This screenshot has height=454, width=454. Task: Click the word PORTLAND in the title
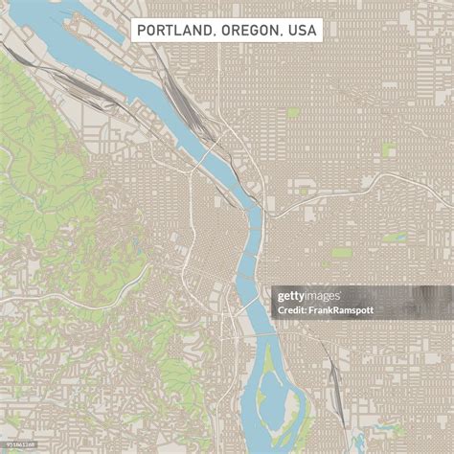pyautogui.click(x=175, y=31)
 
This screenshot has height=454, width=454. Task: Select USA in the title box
pyautogui.click(x=302, y=31)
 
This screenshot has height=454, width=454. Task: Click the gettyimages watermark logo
pyautogui.click(x=308, y=296)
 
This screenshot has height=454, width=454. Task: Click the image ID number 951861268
pyautogui.click(x=18, y=446)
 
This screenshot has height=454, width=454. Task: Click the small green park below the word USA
pyautogui.click(x=293, y=113)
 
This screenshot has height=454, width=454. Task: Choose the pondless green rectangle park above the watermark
pyautogui.click(x=342, y=253)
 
